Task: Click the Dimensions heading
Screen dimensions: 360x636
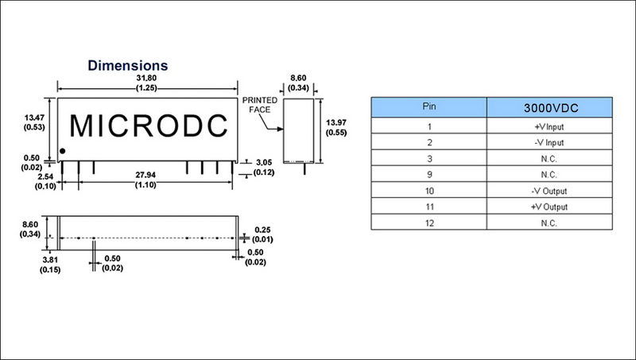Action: pyautogui.click(x=126, y=64)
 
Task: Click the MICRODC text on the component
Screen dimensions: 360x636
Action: pyautogui.click(x=149, y=126)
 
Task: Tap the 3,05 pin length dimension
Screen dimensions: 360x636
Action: pyautogui.click(x=266, y=161)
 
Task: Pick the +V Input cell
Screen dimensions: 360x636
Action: pyautogui.click(x=550, y=126)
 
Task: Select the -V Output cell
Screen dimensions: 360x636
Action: pyautogui.click(x=550, y=190)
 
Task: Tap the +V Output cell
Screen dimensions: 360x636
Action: pyautogui.click(x=550, y=207)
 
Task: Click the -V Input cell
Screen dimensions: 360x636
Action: pyautogui.click(x=550, y=142)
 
